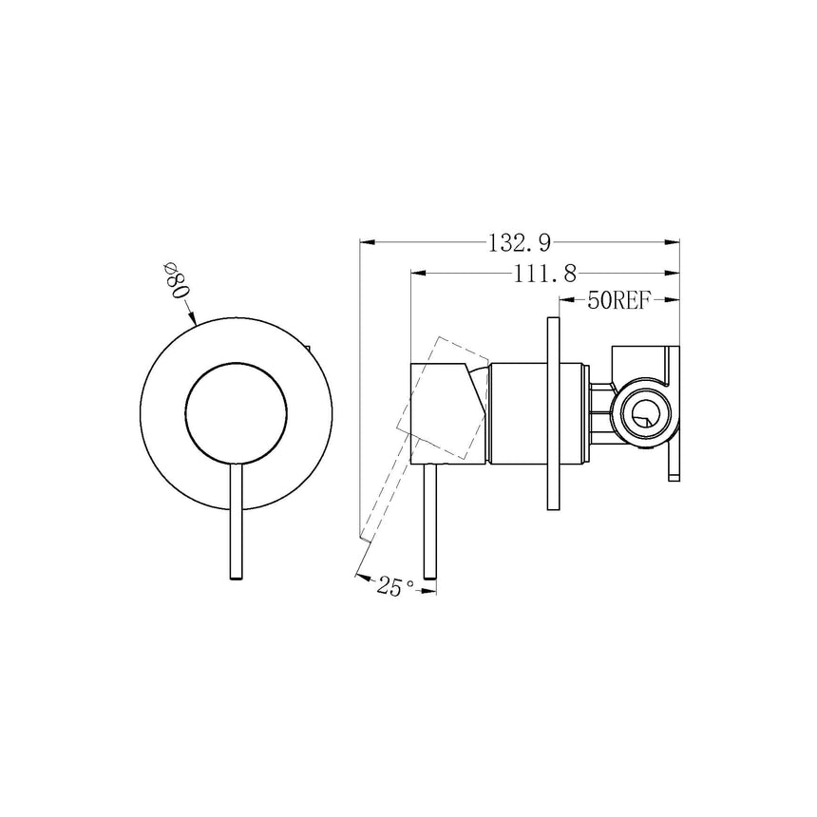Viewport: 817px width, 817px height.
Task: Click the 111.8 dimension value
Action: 545,274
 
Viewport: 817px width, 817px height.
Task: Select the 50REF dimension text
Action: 618,301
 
